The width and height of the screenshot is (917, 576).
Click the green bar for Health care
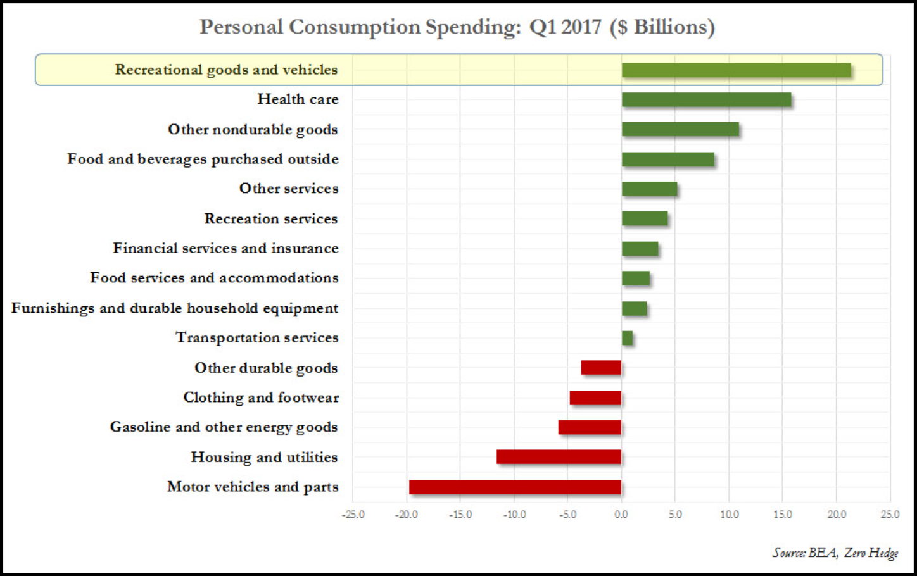tap(706, 100)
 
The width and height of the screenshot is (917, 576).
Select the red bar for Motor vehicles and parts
tap(515, 487)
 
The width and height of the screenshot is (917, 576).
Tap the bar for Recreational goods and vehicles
tap(736, 70)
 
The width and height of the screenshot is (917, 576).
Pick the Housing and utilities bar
tap(559, 456)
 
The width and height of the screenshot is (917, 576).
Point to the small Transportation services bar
tap(627, 338)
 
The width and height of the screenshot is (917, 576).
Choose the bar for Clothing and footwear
tap(595, 398)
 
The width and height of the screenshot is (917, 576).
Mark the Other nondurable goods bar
tap(680, 129)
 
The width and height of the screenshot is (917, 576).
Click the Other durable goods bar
tap(601, 367)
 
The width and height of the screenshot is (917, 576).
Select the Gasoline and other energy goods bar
tap(590, 427)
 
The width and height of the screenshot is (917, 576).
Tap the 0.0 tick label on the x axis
tap(621, 515)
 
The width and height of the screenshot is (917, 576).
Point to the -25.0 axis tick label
tap(353, 515)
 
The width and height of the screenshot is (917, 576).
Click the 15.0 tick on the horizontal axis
tap(783, 515)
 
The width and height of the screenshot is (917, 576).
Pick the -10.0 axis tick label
tap(514, 515)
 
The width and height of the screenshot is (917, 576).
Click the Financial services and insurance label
tap(225, 248)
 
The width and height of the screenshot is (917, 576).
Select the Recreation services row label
tap(270, 219)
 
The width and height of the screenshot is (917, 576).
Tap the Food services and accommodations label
tap(214, 278)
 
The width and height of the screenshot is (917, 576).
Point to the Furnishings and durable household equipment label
tap(175, 308)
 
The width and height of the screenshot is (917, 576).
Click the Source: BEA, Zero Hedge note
tap(835, 553)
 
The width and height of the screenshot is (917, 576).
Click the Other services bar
tap(649, 189)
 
